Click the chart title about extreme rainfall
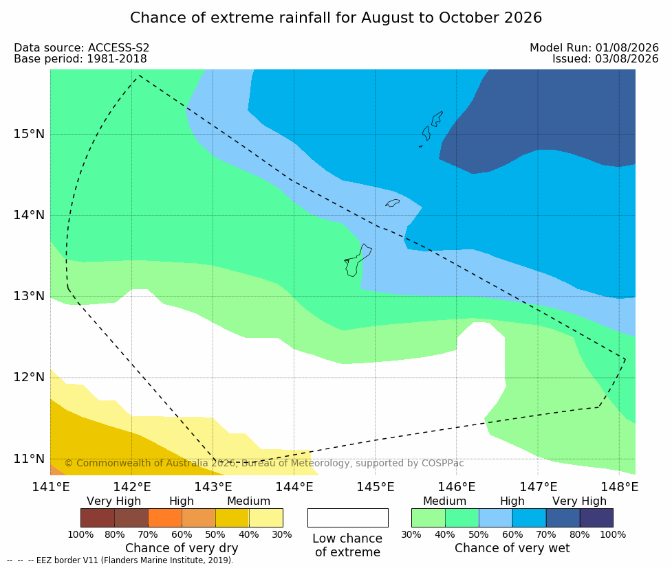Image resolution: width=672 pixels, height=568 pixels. pyautogui.click(x=336, y=18)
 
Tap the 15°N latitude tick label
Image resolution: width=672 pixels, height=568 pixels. pyautogui.click(x=29, y=134)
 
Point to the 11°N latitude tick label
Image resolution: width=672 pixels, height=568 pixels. pyautogui.click(x=29, y=459)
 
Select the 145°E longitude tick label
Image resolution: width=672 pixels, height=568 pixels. pyautogui.click(x=376, y=487)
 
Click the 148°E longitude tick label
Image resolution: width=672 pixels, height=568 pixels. pyautogui.click(x=620, y=487)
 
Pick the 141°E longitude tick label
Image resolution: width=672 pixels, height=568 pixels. pyautogui.click(x=51, y=487)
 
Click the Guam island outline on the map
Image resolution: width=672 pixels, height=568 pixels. pyautogui.click(x=358, y=260)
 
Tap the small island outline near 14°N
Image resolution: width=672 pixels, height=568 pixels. pyautogui.click(x=392, y=203)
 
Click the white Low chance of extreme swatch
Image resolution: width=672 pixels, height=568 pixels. pyautogui.click(x=348, y=518)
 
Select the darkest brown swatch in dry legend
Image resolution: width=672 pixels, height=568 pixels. pyautogui.click(x=98, y=518)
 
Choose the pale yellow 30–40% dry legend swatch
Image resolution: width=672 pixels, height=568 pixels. pyautogui.click(x=265, y=518)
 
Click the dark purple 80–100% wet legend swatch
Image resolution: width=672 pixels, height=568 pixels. pyautogui.click(x=596, y=518)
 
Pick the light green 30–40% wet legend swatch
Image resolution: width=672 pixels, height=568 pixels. pyautogui.click(x=429, y=518)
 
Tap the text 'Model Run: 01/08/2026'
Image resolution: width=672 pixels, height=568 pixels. pyautogui.click(x=594, y=48)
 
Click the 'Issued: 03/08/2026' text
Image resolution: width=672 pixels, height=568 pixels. pyautogui.click(x=605, y=59)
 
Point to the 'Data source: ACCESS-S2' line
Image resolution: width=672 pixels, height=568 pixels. pyautogui.click(x=81, y=48)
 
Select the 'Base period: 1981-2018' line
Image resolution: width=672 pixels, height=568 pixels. pyautogui.click(x=80, y=59)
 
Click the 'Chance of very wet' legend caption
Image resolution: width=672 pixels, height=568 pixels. pyautogui.click(x=512, y=548)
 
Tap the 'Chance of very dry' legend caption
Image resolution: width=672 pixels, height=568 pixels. pyautogui.click(x=182, y=548)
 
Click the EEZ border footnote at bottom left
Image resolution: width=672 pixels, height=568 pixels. pyautogui.click(x=120, y=560)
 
